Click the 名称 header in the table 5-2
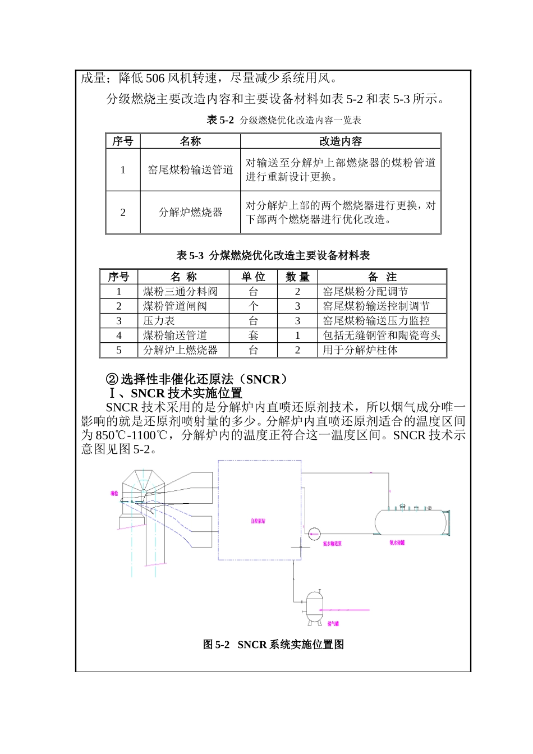pyautogui.click(x=190, y=141)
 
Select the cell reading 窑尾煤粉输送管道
pyautogui.click(x=190, y=170)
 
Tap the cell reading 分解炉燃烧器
pyautogui.click(x=190, y=212)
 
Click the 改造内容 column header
pyautogui.click(x=341, y=141)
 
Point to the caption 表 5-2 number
pyautogui.click(x=220, y=120)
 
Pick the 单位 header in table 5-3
pyautogui.click(x=253, y=277)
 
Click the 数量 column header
pyautogui.click(x=297, y=277)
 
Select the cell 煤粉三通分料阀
pyautogui.click(x=180, y=291)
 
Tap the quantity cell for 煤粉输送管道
pyautogui.click(x=297, y=335)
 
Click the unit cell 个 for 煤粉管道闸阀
pyautogui.click(x=253, y=306)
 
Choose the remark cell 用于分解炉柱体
pyautogui.click(x=360, y=350)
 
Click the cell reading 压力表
pyautogui.click(x=159, y=320)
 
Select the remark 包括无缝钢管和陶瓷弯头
pyautogui.click(x=382, y=335)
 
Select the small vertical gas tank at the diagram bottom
pyautogui.click(x=315, y=606)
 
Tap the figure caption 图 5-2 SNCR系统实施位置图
pyautogui.click(x=273, y=645)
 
